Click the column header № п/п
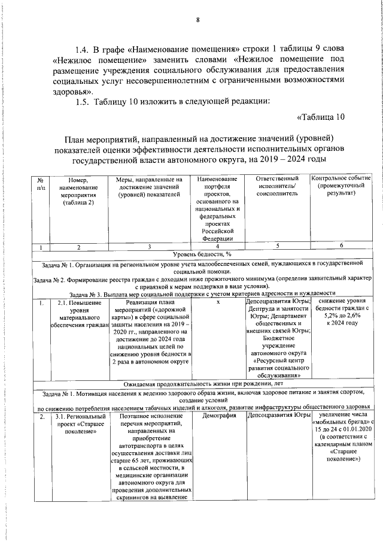click(40, 183)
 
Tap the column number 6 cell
click(341, 246)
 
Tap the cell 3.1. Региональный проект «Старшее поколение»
click(72, 423)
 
